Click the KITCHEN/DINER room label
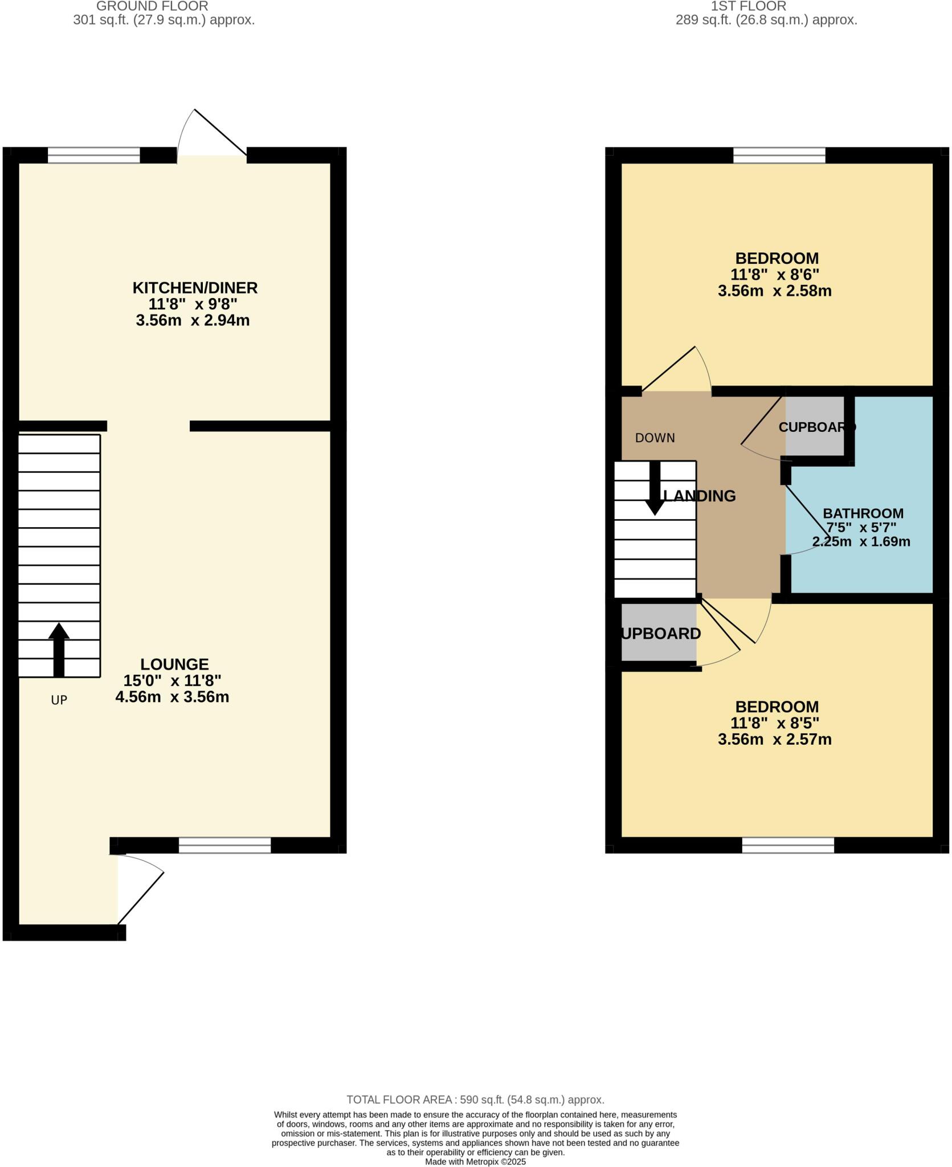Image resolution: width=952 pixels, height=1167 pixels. tap(195, 288)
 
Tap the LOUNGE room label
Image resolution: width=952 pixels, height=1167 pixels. tap(174, 664)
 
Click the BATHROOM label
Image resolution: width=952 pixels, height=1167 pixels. tap(863, 513)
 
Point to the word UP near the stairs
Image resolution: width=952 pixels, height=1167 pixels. tap(59, 700)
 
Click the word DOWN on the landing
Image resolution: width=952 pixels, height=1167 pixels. tap(655, 438)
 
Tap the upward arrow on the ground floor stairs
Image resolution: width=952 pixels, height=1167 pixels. tap(59, 649)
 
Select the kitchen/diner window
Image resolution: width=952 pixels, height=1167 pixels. tap(93, 155)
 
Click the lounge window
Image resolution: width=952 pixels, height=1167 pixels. tap(224, 845)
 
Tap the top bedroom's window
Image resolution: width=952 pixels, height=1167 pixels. tap(779, 155)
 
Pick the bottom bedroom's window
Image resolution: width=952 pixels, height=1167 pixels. tap(788, 845)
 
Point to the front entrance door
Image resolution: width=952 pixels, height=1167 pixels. tap(140, 897)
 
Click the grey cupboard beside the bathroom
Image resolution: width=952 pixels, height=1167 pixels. tap(815, 426)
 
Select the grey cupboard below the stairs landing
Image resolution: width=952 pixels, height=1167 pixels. tap(659, 633)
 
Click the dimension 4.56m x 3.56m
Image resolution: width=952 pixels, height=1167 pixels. tap(172, 697)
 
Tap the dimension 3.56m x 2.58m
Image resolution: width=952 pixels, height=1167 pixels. tap(774, 291)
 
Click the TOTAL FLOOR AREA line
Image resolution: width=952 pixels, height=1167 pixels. tap(475, 1100)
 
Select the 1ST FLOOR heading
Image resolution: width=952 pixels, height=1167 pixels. tap(749, 6)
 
